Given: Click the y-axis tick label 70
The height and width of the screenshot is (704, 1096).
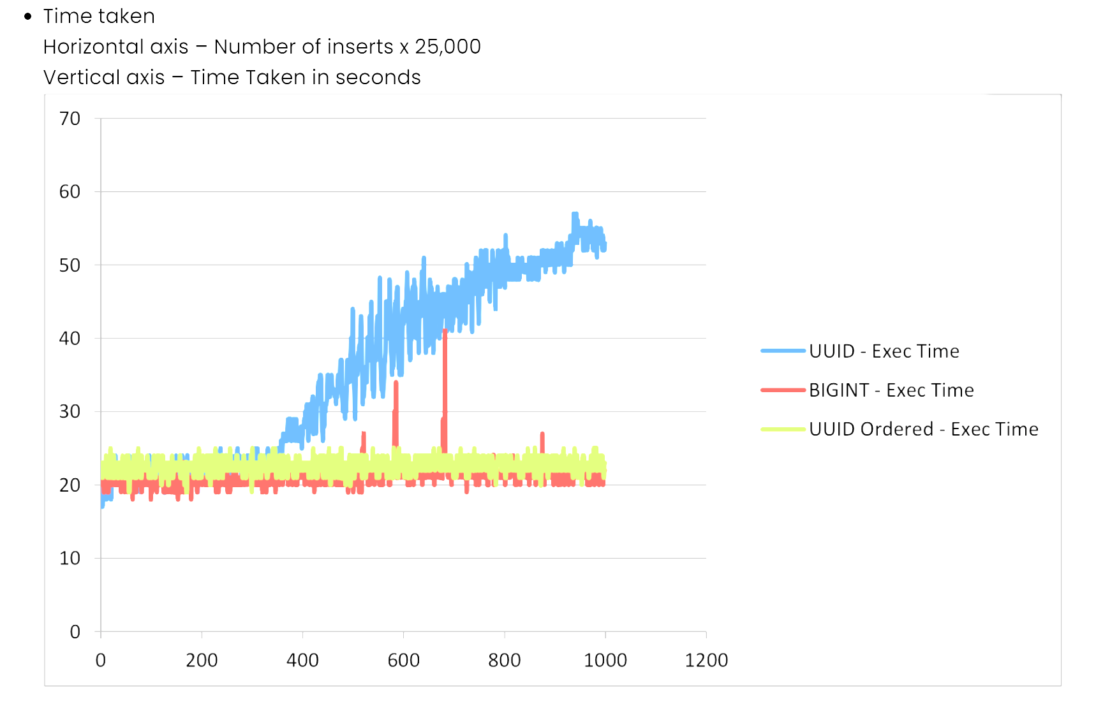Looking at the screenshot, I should pos(70,119).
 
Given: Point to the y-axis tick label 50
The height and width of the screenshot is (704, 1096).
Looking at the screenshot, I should pos(70,265).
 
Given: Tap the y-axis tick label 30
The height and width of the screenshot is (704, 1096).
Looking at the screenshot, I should pos(70,412).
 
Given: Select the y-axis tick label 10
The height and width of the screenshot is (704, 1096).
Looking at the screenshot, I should pos(70,559).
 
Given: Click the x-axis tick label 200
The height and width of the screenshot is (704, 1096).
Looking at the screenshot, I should pos(202,660).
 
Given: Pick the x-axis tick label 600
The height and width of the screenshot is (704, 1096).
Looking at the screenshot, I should pos(404,660).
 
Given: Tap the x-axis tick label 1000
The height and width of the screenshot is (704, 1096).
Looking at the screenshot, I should pos(605,660).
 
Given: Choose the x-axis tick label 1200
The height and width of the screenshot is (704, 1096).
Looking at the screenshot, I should pos(706,660).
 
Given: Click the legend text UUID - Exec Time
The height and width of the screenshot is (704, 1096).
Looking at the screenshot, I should pos(884,351).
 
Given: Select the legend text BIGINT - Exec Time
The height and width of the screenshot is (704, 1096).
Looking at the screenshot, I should pos(891,390).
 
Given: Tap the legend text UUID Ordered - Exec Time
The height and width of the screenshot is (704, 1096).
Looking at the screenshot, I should pos(924,429).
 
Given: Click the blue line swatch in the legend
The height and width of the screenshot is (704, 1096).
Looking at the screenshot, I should pos(783,351).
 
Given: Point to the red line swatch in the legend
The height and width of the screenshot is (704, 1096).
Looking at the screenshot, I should pos(783,390).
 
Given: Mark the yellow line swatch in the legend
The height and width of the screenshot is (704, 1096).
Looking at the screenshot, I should pos(783,429).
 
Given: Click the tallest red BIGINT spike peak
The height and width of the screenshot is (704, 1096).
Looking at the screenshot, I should pos(445,332).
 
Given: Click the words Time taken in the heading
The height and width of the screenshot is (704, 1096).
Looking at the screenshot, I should pos(99,16).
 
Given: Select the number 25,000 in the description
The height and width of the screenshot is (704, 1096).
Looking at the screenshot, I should pos(448,47).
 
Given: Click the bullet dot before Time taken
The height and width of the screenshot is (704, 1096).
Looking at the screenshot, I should pos(27,17).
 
